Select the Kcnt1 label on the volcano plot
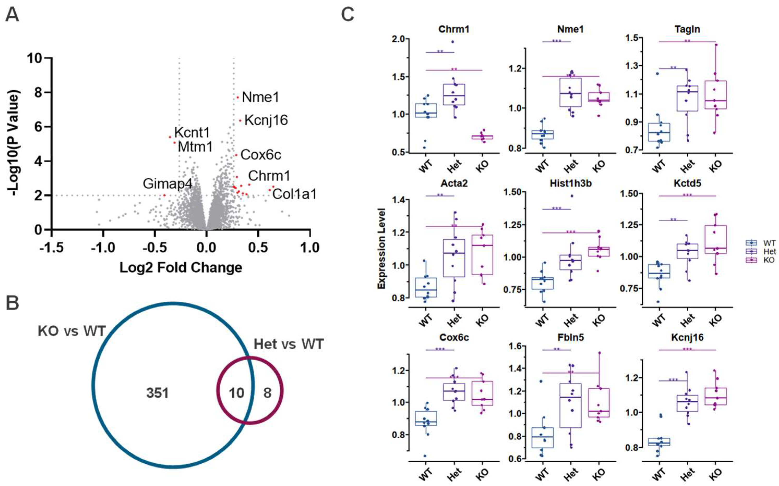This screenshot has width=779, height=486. (x=192, y=132)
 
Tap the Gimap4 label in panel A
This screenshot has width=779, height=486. (x=167, y=184)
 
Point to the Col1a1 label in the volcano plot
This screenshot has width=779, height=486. (x=294, y=194)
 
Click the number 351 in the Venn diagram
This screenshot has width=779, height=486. (x=157, y=393)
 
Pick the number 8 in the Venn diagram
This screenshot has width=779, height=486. (x=267, y=393)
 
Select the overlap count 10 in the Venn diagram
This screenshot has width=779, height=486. (x=237, y=393)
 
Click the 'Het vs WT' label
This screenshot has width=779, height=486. (x=288, y=344)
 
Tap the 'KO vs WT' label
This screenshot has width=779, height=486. (x=72, y=331)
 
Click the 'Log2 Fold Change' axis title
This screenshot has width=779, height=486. (x=181, y=267)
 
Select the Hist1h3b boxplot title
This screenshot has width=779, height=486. (x=571, y=183)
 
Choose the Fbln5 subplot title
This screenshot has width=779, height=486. (x=571, y=338)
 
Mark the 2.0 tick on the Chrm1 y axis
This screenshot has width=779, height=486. (x=398, y=39)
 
